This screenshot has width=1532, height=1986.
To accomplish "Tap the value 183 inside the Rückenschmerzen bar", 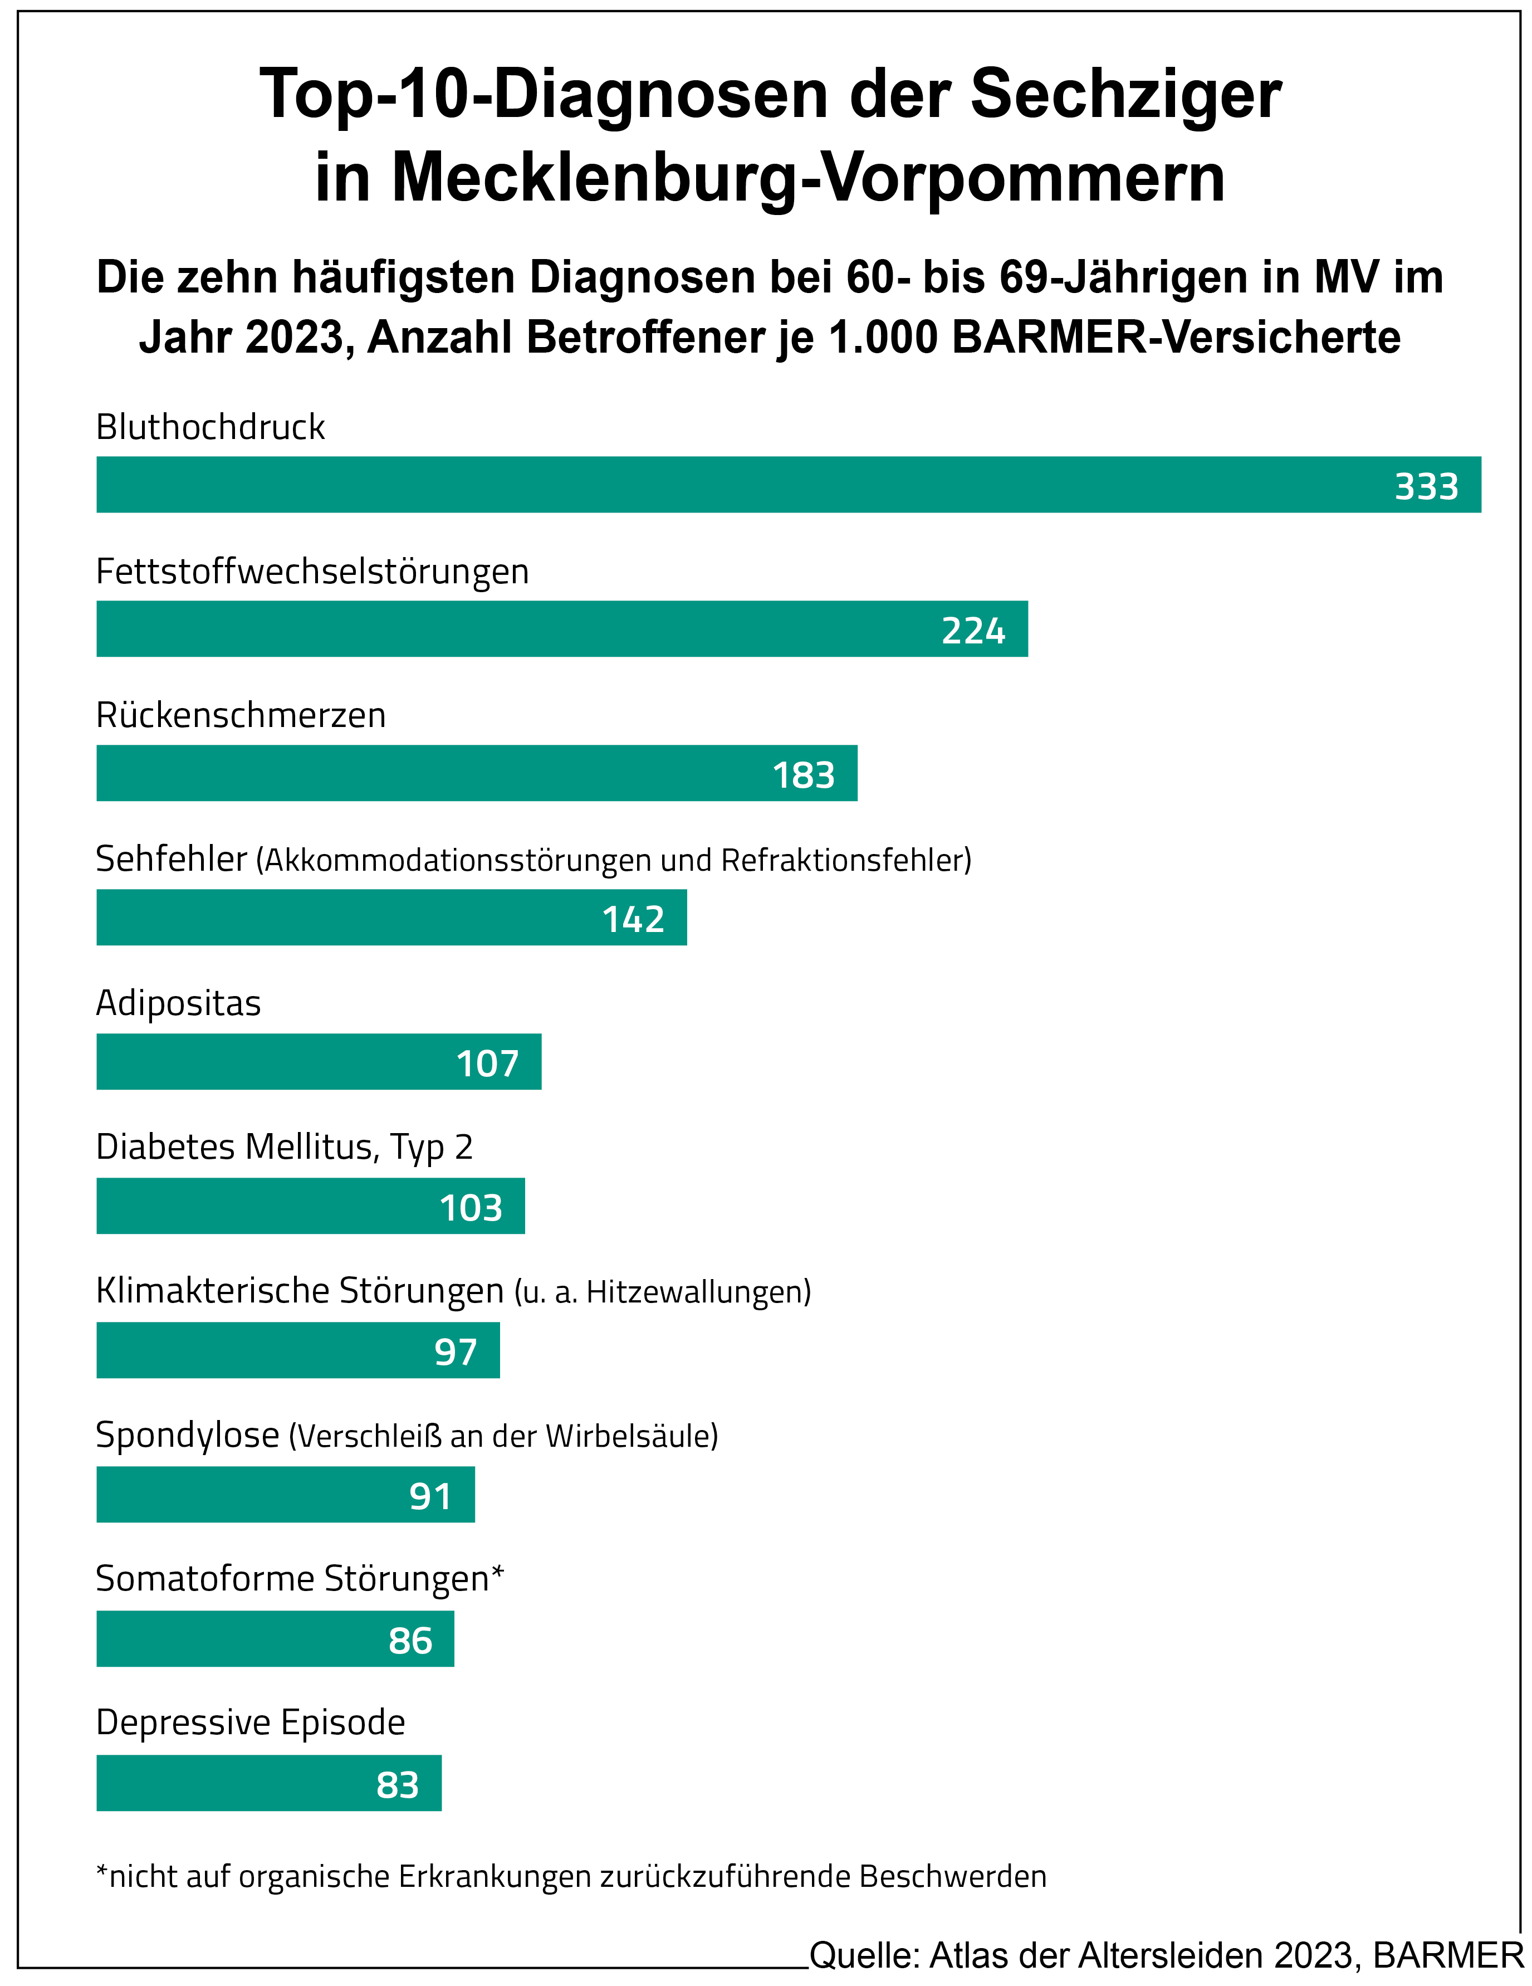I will [803, 775].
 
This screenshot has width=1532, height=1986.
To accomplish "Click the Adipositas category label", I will [178, 1003].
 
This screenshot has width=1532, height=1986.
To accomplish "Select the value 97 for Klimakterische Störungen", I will [456, 1352].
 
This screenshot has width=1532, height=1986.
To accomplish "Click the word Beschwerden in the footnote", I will [953, 1876].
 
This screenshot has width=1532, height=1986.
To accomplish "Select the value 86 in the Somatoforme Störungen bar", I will [410, 1641].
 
